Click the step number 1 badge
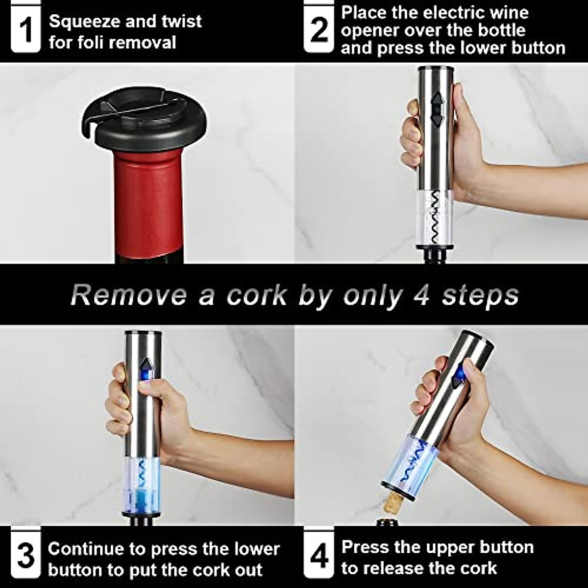(25, 29)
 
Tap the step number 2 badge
(319, 29)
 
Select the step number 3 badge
(25, 556)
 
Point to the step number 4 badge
(319, 556)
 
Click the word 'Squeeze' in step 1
(84, 22)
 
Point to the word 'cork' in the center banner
(257, 295)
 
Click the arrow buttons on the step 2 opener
(437, 109)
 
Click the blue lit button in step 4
(459, 375)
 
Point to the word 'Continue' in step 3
(86, 548)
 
